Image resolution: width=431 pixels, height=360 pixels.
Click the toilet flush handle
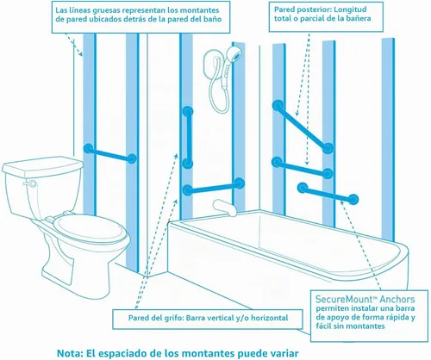pyautogui.click(x=30, y=183)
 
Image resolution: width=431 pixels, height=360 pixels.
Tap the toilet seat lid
pyautogui.click(x=91, y=231)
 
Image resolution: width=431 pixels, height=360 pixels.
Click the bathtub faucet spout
pyautogui.click(x=224, y=208)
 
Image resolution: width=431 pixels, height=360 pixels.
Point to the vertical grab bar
pyautogui.click(x=188, y=138)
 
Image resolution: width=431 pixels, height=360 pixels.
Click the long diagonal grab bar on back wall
pyautogui.click(x=303, y=127)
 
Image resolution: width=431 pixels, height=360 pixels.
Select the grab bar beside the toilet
pyautogui.click(x=110, y=153)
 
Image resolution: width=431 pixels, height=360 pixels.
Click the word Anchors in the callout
pyautogui.click(x=397, y=300)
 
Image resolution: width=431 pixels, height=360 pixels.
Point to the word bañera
pyautogui.click(x=358, y=18)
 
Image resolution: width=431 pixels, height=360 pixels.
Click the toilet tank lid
pyautogui.click(x=42, y=165)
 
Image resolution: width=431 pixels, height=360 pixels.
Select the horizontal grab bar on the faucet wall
pyautogui.click(x=213, y=186)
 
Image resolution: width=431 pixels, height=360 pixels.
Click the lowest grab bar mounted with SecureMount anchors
pyautogui.click(x=328, y=193)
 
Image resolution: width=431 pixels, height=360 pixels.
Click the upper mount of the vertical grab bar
pyautogui.click(x=188, y=111)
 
